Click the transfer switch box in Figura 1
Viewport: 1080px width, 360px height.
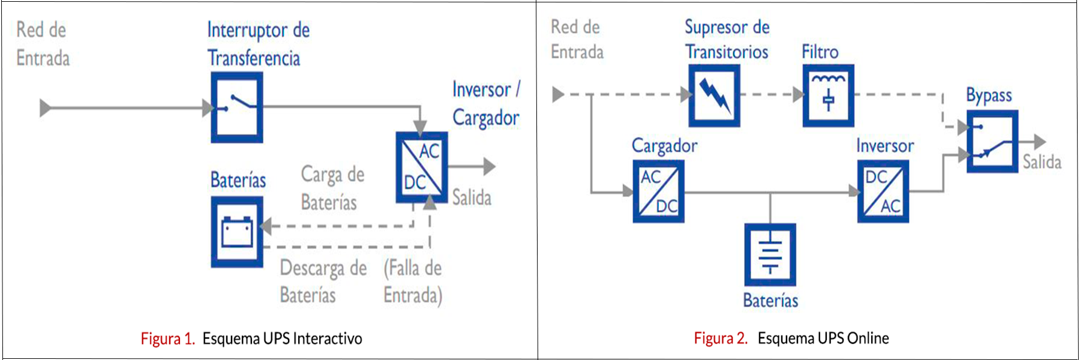click(x=236, y=107)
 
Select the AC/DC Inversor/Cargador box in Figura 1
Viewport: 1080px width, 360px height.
click(x=421, y=167)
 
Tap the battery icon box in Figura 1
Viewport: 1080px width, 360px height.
click(x=236, y=232)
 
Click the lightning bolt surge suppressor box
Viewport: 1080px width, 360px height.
click(x=713, y=95)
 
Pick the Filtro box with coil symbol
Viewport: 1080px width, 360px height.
click(x=828, y=95)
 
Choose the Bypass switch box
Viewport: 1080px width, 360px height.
click(x=992, y=142)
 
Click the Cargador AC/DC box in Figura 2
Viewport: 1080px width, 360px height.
click(x=658, y=191)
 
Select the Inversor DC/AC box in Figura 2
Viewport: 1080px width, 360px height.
click(x=883, y=191)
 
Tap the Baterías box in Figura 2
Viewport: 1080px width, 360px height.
click(x=770, y=254)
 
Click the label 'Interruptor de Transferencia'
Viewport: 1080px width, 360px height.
click(x=257, y=44)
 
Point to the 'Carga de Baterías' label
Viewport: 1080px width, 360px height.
click(x=332, y=188)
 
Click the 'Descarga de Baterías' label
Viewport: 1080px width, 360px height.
click(x=322, y=281)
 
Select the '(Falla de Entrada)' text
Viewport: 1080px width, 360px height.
click(x=413, y=281)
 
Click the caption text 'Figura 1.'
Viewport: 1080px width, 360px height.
click(x=167, y=338)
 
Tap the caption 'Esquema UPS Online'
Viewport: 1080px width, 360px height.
click(x=823, y=338)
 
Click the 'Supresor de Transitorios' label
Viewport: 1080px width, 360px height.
click(x=727, y=39)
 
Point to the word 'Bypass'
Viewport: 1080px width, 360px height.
click(x=988, y=95)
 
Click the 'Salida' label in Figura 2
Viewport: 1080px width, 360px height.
click(x=1042, y=162)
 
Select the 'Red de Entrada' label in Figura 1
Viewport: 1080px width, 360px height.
click(x=42, y=44)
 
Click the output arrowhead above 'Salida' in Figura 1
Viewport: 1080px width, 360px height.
click(x=490, y=166)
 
